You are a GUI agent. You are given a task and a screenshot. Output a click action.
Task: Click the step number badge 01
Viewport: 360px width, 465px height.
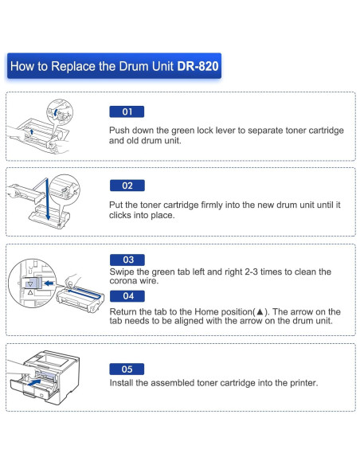click(127, 112)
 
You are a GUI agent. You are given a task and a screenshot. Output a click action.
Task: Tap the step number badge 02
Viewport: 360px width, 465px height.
click(127, 186)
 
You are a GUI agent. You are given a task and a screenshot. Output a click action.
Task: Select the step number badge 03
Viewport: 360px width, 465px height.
click(127, 260)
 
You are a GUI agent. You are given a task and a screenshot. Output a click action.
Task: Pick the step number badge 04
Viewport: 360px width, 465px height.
click(127, 295)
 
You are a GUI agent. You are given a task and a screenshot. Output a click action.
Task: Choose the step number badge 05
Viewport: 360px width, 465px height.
click(127, 369)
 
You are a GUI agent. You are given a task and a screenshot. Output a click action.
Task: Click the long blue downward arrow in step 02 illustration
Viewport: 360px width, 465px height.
click(48, 200)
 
